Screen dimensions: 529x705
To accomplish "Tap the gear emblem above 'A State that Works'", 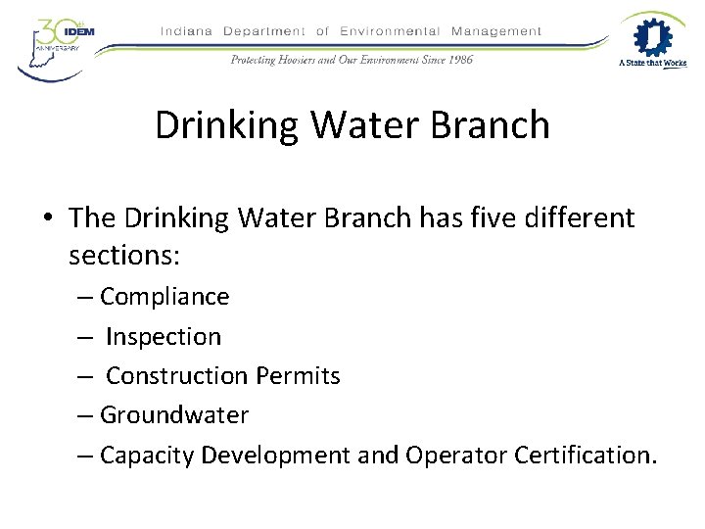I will pos(652,36).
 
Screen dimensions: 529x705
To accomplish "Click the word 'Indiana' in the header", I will pos(186,31).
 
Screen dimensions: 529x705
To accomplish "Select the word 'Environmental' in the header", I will pos(390,31).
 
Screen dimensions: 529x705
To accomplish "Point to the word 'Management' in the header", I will pos(495,31).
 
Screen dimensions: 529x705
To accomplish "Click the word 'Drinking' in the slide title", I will pos(222,125).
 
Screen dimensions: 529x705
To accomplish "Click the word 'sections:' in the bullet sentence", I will pos(123,256).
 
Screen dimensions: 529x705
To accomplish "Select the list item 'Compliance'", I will pos(164,297).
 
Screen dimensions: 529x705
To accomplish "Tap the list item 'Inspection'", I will pos(164,337).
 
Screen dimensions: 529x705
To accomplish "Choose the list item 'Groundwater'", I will pos(174,415).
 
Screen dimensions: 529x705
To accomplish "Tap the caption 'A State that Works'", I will pos(652,64).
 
